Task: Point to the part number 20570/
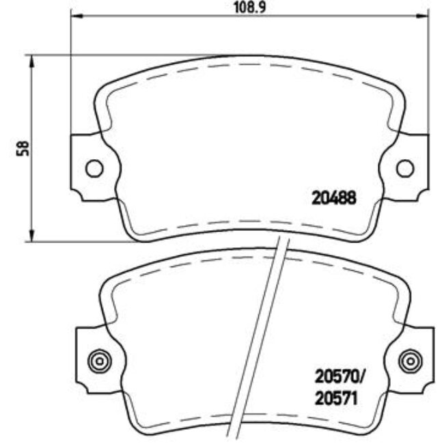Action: (x=340, y=375)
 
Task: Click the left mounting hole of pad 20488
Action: (x=94, y=167)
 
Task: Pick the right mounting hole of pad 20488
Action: (x=404, y=167)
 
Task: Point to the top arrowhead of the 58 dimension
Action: (x=31, y=60)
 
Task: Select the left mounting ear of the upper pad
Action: (x=85, y=167)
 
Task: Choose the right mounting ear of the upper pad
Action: (x=413, y=167)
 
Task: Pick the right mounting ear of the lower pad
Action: (x=418, y=359)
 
